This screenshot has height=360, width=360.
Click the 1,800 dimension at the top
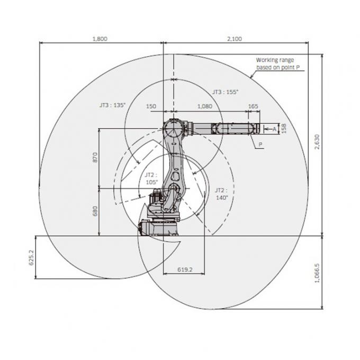tap(100, 39)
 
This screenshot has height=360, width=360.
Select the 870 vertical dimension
tap(95, 157)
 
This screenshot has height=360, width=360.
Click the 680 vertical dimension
tap(95, 211)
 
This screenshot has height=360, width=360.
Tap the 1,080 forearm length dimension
tap(204, 106)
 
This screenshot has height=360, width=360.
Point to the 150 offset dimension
tap(151, 106)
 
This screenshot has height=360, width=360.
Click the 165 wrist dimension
tap(253, 106)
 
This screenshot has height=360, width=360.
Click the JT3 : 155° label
tap(225, 92)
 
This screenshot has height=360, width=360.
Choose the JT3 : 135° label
tap(112, 105)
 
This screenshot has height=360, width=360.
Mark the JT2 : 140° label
tap(221, 193)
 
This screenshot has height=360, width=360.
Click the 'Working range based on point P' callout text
tap(275, 65)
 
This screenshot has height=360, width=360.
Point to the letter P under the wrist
tap(260, 143)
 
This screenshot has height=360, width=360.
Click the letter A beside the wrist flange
tap(274, 128)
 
